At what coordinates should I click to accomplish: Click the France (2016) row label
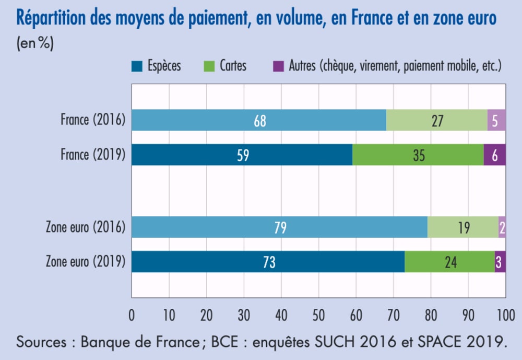click(92, 120)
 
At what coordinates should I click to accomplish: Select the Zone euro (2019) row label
click(86, 261)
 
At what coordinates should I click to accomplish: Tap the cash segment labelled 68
click(259, 120)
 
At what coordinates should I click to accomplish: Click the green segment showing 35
click(418, 155)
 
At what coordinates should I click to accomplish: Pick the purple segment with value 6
click(495, 155)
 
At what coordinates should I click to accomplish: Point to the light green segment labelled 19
click(463, 227)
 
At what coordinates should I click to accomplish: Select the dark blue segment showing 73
click(268, 262)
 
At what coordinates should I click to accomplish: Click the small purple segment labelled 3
click(500, 262)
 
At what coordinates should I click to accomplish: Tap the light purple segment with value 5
click(496, 120)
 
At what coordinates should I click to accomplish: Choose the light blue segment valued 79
click(279, 227)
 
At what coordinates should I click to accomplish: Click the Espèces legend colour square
click(137, 66)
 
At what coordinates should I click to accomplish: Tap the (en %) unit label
click(35, 44)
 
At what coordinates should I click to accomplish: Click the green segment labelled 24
click(449, 262)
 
